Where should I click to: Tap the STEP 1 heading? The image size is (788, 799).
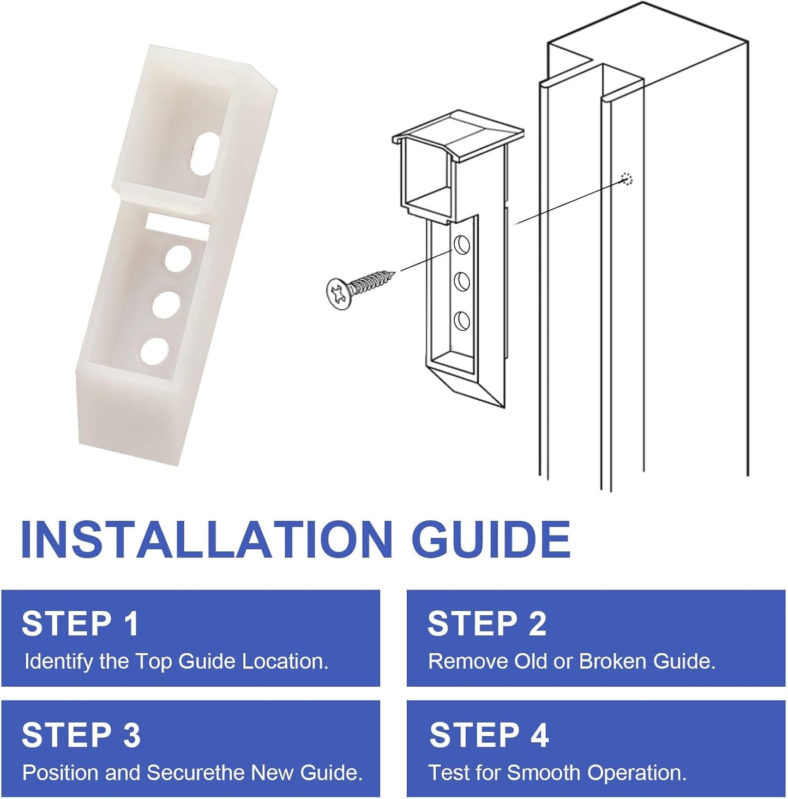click(80, 623)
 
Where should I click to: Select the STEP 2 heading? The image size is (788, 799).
click(487, 623)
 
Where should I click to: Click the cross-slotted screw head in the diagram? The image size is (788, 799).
click(340, 293)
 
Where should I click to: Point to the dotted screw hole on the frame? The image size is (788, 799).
click(627, 179)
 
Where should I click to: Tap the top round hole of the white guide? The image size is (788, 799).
click(178, 259)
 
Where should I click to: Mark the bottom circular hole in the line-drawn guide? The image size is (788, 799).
click(461, 321)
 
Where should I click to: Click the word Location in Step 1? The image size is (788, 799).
click(285, 662)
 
